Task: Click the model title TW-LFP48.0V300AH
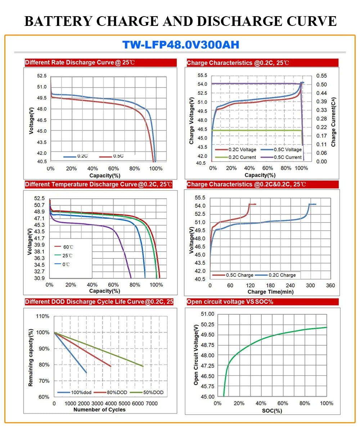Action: (180, 45)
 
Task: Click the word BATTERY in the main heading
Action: (58, 21)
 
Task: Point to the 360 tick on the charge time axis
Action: (330, 285)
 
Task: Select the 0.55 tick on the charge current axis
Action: (321, 76)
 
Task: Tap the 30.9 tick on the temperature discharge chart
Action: (39, 278)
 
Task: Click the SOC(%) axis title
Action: (272, 410)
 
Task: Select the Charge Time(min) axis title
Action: (270, 292)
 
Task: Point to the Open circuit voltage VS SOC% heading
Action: (230, 302)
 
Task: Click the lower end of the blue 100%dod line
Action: (86, 373)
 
